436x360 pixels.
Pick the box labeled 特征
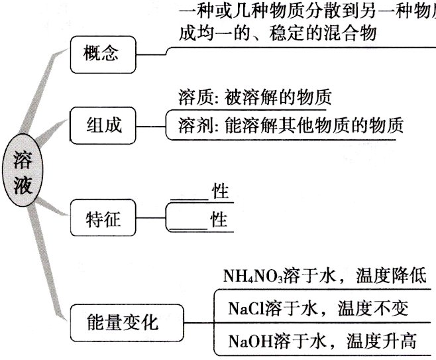coord(101,216)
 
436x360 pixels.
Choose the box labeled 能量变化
coord(123,322)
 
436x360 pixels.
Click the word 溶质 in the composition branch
coord(193,98)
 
